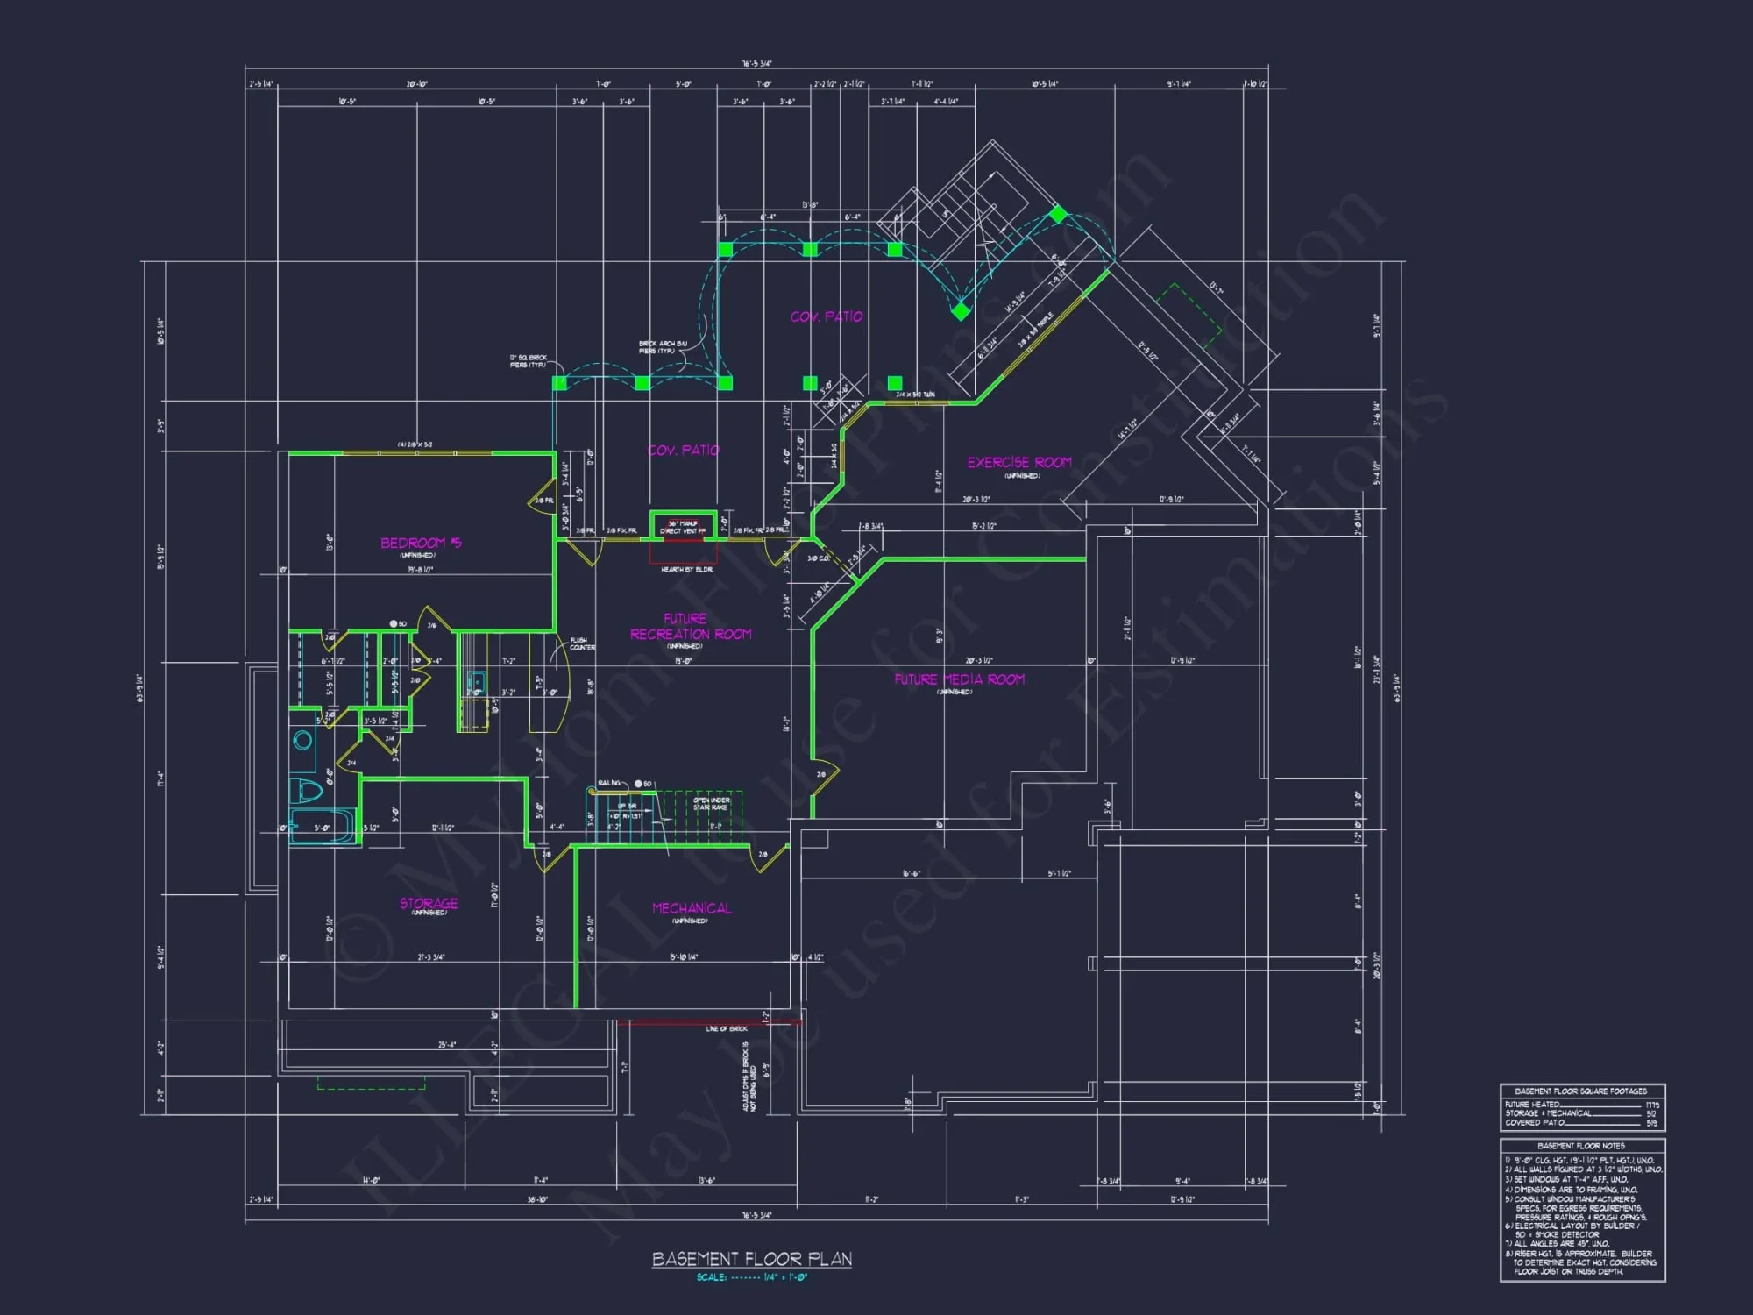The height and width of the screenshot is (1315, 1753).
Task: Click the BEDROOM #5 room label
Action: click(x=421, y=544)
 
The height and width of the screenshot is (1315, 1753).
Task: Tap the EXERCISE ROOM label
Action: click(x=1019, y=463)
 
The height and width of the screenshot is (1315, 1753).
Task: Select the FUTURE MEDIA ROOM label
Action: click(x=959, y=679)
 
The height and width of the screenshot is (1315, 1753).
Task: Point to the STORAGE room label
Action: click(x=429, y=904)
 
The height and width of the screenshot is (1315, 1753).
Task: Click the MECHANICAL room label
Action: click(x=692, y=908)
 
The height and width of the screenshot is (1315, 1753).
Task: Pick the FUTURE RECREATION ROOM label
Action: click(x=690, y=627)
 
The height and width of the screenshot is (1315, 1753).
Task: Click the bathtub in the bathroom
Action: click(x=322, y=827)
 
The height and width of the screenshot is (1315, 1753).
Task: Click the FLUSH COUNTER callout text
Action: click(x=581, y=644)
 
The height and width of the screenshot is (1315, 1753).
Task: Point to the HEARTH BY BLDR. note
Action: click(x=686, y=570)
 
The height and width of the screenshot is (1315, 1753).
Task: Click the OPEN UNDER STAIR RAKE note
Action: click(x=711, y=804)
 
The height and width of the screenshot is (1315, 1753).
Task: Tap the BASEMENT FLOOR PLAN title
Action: click(x=751, y=1260)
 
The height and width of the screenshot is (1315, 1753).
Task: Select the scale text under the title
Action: click(x=751, y=1278)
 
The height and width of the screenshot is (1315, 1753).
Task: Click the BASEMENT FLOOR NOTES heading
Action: click(x=1581, y=1146)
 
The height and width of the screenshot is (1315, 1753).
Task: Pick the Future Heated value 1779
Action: click(x=1651, y=1105)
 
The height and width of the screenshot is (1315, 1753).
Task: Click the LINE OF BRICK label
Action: click(x=727, y=1029)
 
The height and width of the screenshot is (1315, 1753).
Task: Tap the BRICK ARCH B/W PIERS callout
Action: click(x=663, y=347)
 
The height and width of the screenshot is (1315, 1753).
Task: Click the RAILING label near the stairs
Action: click(x=609, y=783)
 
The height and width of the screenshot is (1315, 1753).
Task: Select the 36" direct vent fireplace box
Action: click(x=683, y=527)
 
